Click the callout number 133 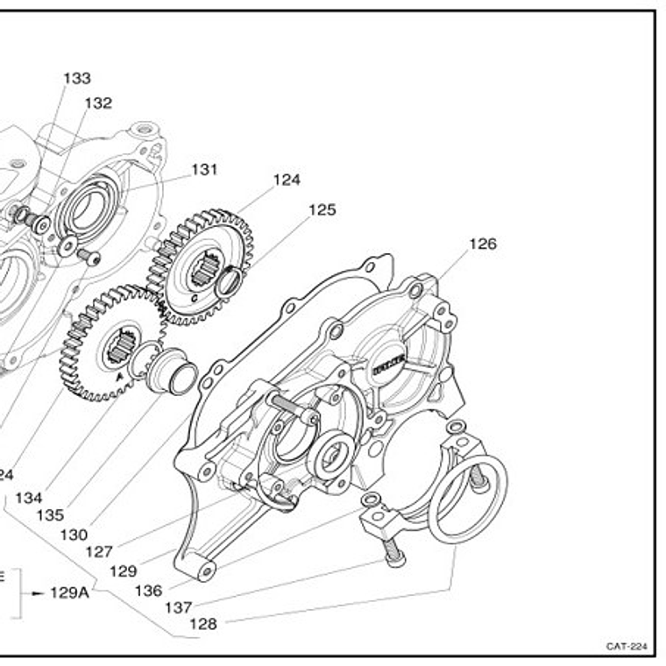(x=77, y=78)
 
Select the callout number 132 (x=98, y=103)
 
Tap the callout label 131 (x=204, y=169)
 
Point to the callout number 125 (x=322, y=210)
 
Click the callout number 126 (x=482, y=244)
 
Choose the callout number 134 (x=28, y=498)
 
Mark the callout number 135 (x=50, y=515)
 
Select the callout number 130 (x=74, y=534)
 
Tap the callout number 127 (x=99, y=552)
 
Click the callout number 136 (x=148, y=590)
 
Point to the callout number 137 (x=178, y=607)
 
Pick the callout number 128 (x=203, y=625)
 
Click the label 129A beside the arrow (x=69, y=592)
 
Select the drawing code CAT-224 (x=627, y=647)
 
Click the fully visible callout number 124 (x=287, y=180)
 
